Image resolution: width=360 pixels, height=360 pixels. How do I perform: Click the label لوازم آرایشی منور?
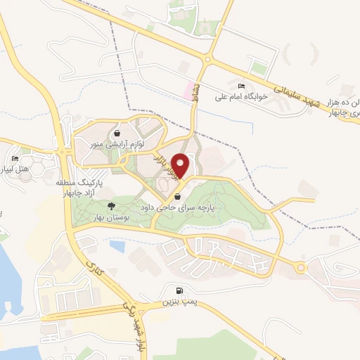pos(124,144)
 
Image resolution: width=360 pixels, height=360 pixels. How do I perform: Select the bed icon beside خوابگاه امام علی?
pos(242,85)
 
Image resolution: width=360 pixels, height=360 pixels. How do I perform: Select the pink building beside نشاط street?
pos(188,90)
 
